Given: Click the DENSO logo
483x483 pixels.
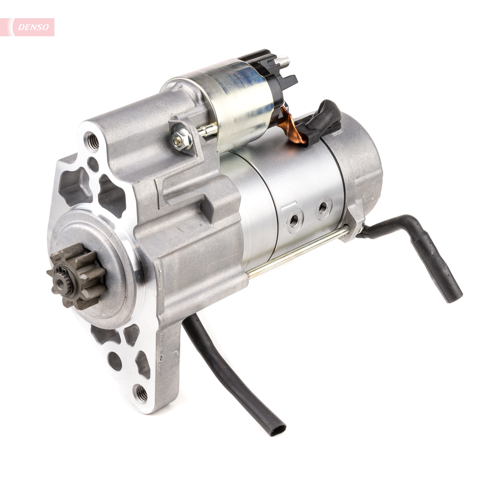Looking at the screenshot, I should click(x=33, y=27).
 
